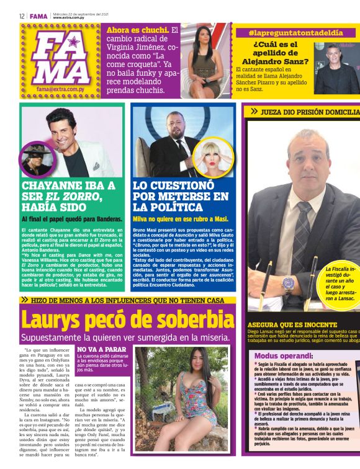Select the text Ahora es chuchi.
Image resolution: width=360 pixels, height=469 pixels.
pos(137,30)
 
